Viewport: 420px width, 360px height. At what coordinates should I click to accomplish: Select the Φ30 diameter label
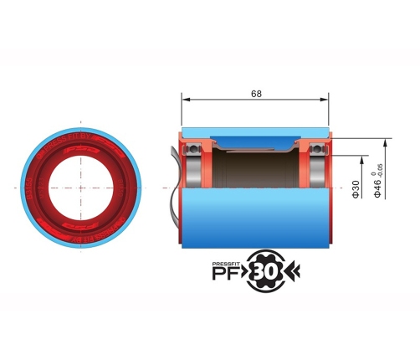pos(356,190)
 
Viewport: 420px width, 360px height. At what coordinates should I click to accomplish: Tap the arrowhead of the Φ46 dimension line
pos(379,137)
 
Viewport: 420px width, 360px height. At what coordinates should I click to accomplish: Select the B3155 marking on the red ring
pos(30,193)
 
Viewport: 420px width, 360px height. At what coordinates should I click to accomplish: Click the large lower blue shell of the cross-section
pos(255,218)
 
